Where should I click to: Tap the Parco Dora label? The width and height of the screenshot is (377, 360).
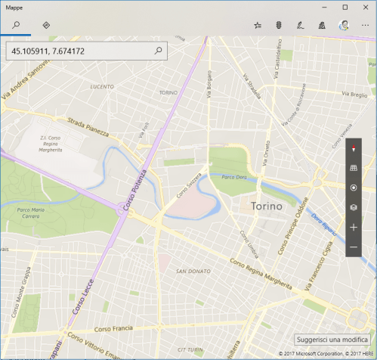[234, 177]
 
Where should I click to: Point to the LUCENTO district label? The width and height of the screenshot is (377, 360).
[101, 87]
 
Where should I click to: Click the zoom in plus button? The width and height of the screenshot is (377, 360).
[354, 227]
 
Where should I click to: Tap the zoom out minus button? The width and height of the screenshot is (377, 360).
[354, 247]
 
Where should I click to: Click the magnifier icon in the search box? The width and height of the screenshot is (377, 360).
[158, 51]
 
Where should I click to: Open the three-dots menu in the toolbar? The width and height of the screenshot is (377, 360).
[365, 25]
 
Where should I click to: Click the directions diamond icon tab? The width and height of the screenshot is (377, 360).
[46, 25]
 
